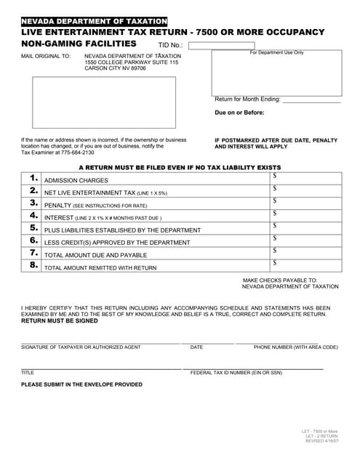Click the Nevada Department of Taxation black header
pos(95,22)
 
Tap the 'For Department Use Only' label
pos(276,53)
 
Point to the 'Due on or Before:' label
pos(239,113)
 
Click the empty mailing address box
pos(104,102)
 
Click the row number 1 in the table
pos(33,178)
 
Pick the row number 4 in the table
pos(33,217)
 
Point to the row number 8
pos(33,266)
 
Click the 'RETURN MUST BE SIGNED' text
pos(59,320)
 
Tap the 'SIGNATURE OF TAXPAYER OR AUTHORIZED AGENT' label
pos(81,347)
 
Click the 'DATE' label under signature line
pos(196,347)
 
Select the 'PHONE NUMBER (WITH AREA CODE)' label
pos(295,347)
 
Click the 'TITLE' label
pos(28,372)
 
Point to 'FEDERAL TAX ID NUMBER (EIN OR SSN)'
pos(236,372)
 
